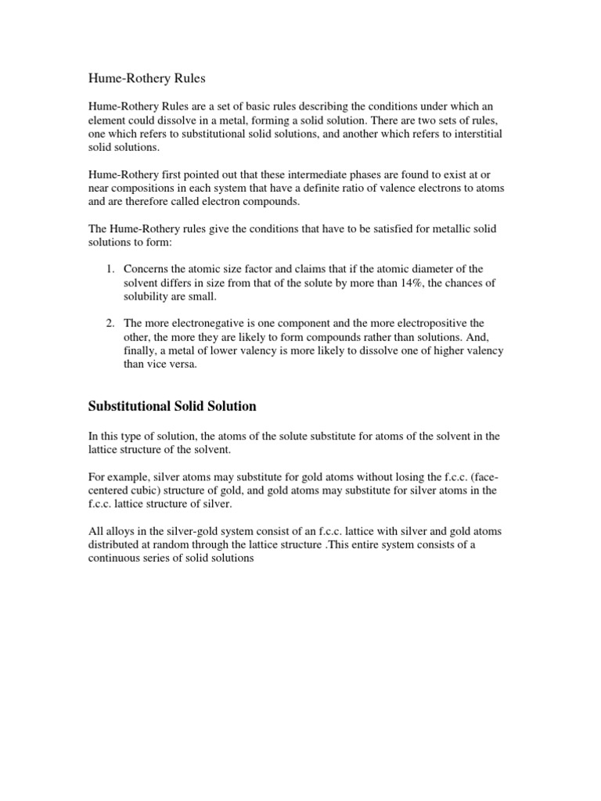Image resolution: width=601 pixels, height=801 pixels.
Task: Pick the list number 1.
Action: pyautogui.click(x=110, y=269)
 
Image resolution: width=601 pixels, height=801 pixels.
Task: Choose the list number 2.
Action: pyautogui.click(x=110, y=323)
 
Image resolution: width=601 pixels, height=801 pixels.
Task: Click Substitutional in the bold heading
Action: pyautogui.click(x=127, y=407)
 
